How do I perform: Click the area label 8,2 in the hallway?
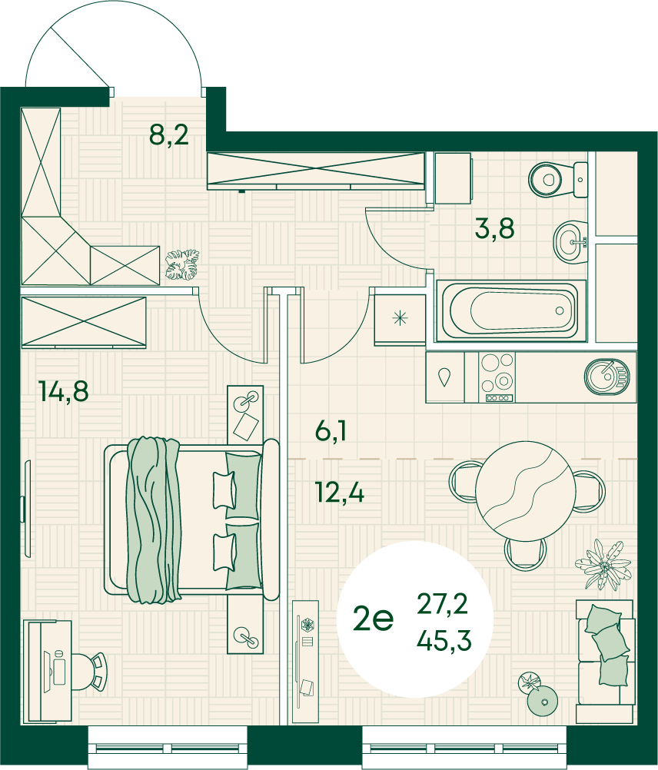[x=169, y=134]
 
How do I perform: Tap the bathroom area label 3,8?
[x=494, y=228]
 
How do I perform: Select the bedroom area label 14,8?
[x=65, y=391]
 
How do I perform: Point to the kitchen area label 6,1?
[x=331, y=430]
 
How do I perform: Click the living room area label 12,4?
[x=340, y=492]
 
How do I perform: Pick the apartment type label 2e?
[x=373, y=619]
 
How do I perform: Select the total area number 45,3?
[x=444, y=640]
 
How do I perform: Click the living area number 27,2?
[x=443, y=603]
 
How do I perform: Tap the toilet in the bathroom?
[x=558, y=180]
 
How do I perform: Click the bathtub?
[x=511, y=311]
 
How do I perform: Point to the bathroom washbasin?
[x=570, y=241]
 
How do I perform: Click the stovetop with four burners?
[x=497, y=377]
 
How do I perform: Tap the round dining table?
[x=526, y=491]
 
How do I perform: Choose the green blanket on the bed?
[x=153, y=520]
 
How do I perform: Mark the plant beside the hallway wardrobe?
[x=182, y=264]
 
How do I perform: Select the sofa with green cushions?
[x=605, y=661]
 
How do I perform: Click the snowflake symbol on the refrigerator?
[x=400, y=318]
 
